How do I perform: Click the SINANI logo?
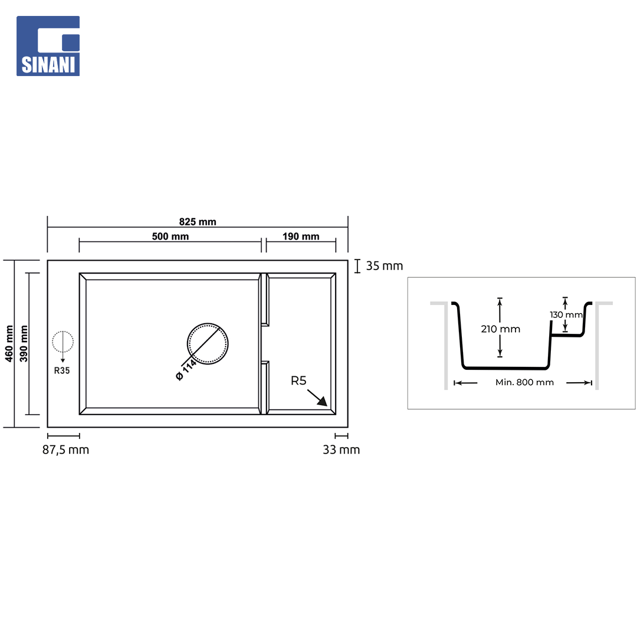pyautogui.click(x=48, y=46)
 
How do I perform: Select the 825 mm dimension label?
pyautogui.click(x=198, y=222)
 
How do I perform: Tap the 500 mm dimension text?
pyautogui.click(x=170, y=237)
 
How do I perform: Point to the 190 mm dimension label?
pyautogui.click(x=301, y=237)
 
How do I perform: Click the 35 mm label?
pyautogui.click(x=385, y=265)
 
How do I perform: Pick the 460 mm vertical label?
pyautogui.click(x=9, y=343)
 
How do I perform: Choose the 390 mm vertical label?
pyautogui.click(x=24, y=343)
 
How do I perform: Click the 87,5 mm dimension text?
pyautogui.click(x=66, y=449)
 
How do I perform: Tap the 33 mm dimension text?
pyautogui.click(x=342, y=449)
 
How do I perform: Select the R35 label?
pyautogui.click(x=62, y=370)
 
